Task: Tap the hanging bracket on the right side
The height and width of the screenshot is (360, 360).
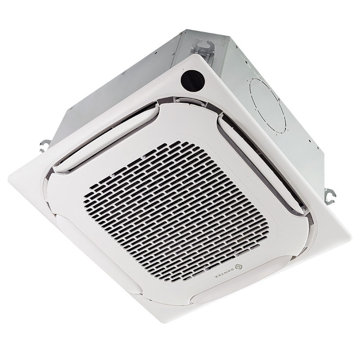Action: pos(329,193)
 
